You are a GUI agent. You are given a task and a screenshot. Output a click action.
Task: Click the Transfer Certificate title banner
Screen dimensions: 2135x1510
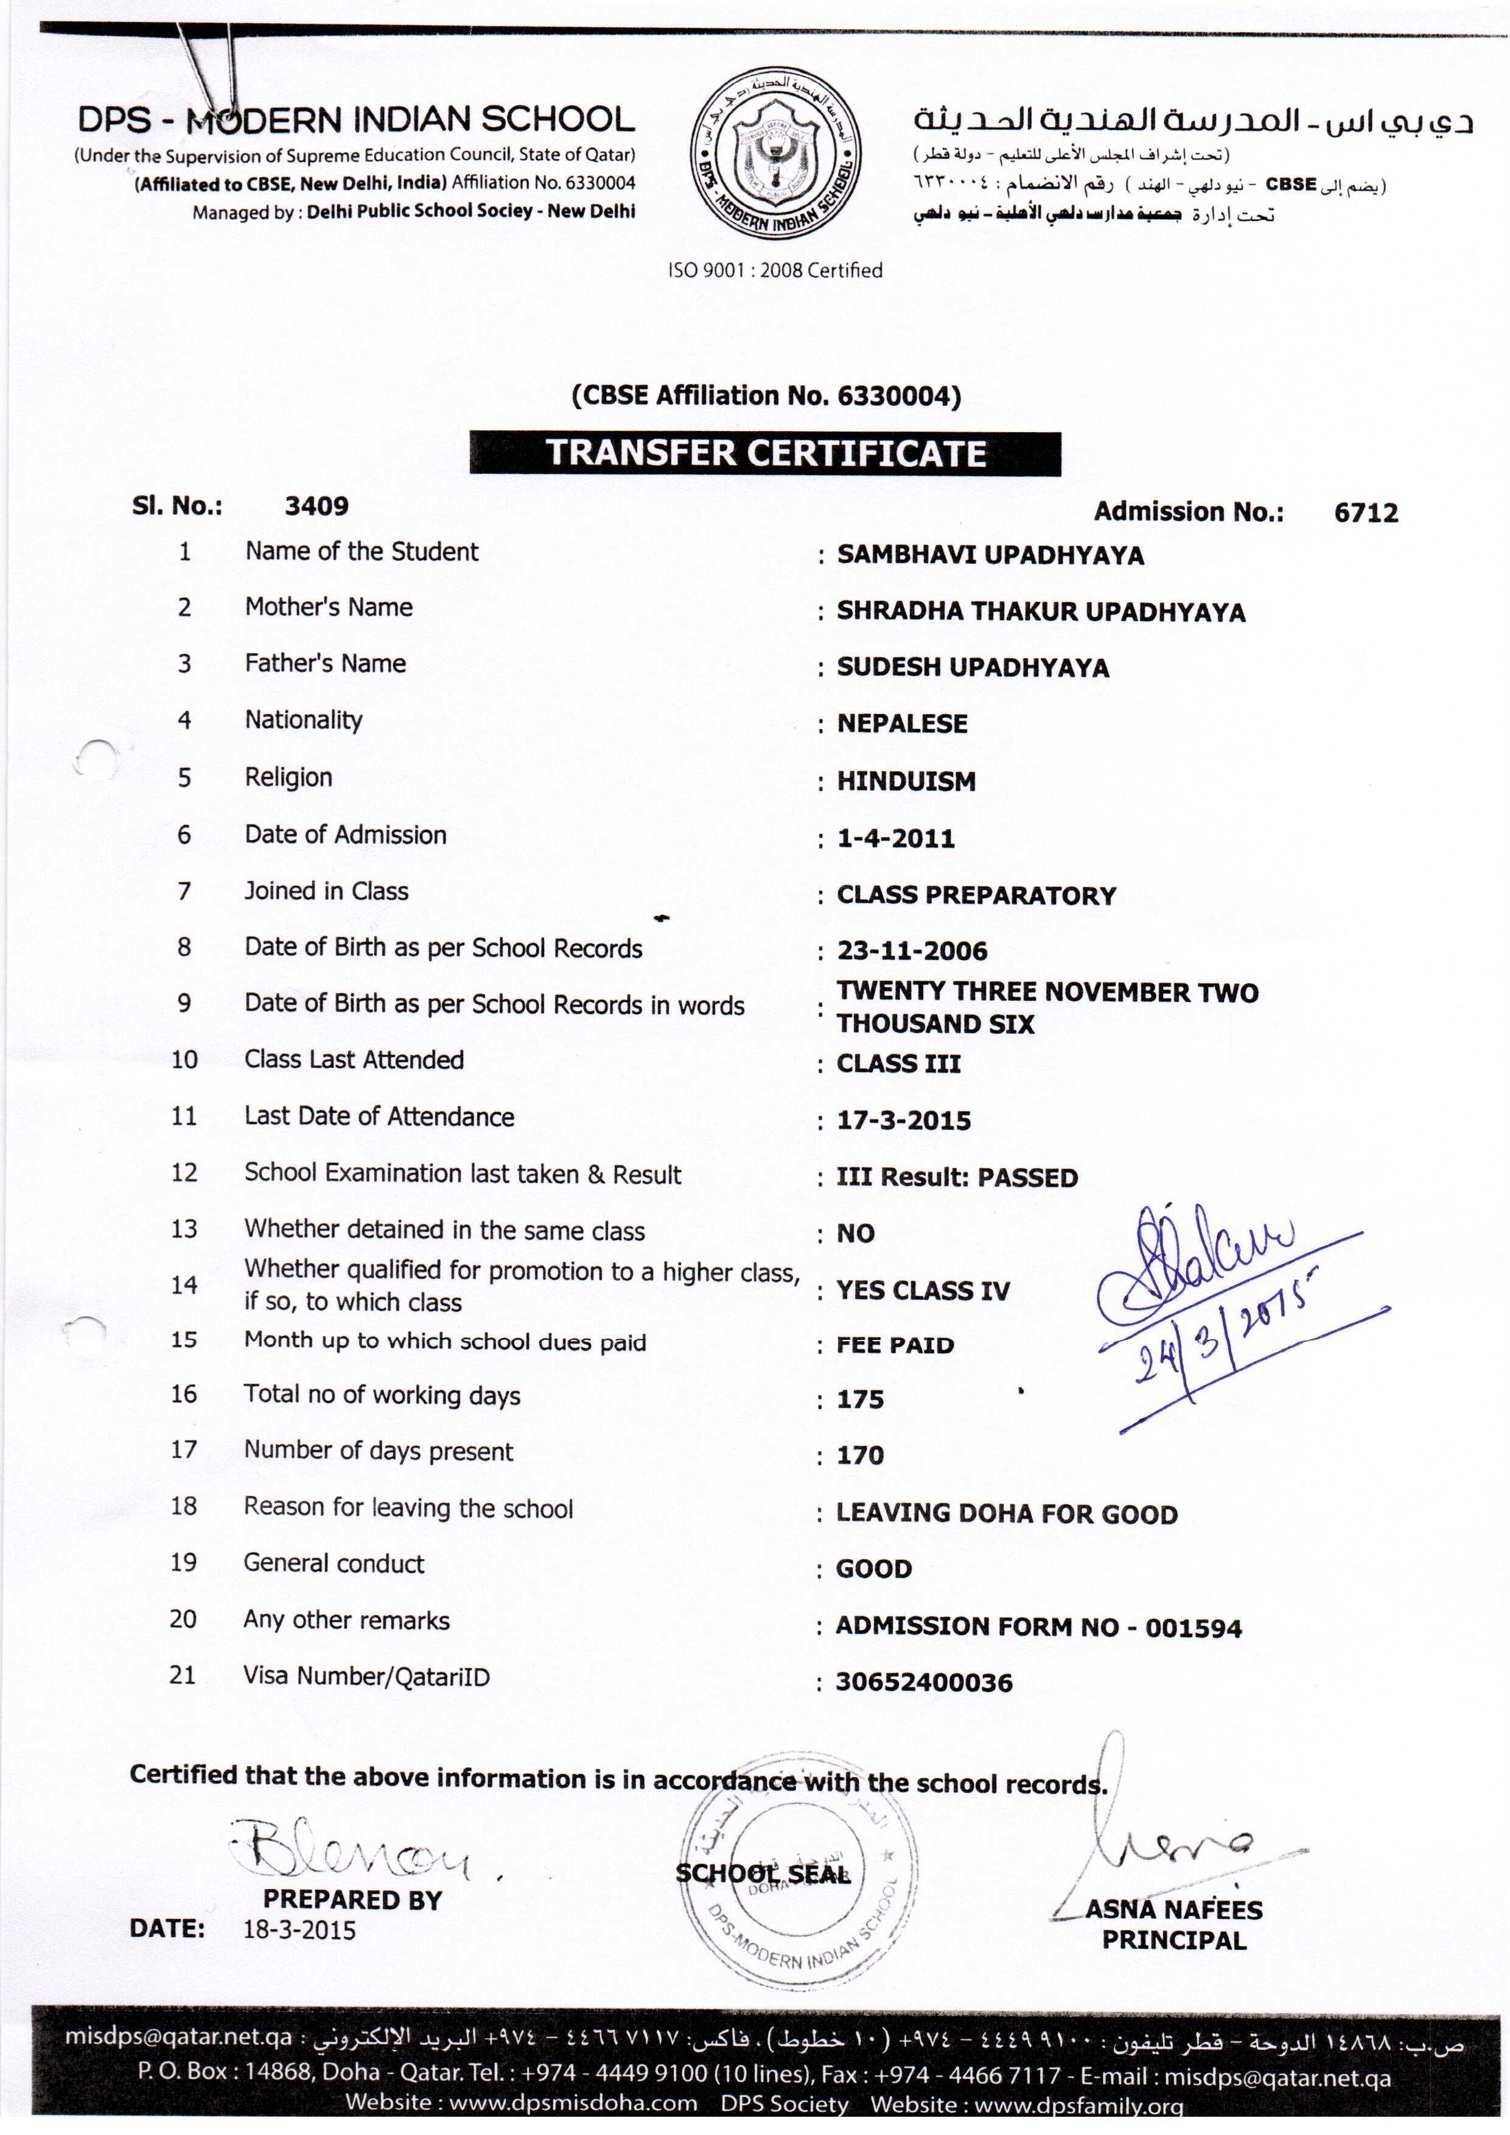click(x=764, y=453)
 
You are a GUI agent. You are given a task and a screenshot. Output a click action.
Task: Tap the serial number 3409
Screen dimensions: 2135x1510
click(x=316, y=507)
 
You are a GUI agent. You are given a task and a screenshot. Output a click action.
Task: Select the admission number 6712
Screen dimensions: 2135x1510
click(x=1365, y=513)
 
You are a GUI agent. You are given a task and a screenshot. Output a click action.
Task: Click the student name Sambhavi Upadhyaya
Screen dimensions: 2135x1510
click(x=989, y=555)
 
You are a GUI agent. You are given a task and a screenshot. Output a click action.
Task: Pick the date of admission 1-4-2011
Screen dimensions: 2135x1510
click(x=895, y=839)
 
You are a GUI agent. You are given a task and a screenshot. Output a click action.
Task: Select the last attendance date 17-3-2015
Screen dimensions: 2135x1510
click(x=903, y=1121)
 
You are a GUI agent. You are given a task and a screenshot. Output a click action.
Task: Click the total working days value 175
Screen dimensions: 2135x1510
click(x=859, y=1400)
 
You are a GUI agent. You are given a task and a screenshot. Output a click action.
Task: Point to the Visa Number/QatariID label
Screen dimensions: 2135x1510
click(x=366, y=1677)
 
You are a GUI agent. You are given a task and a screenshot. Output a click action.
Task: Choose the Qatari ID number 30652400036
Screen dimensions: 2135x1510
click(x=923, y=1682)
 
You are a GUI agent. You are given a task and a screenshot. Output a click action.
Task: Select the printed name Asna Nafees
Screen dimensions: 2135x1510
click(x=1173, y=1910)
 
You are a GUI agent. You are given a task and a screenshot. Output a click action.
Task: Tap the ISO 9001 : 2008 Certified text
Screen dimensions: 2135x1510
click(x=775, y=270)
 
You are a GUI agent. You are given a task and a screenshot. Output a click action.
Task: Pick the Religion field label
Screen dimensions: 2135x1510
click(x=288, y=777)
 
